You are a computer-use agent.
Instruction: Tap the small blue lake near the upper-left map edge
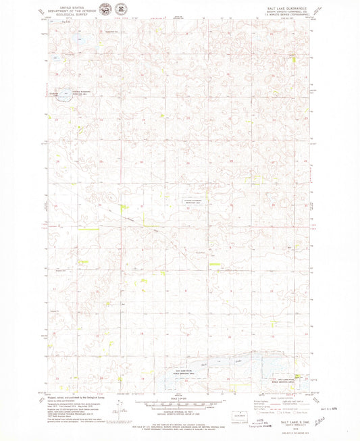point(65,97)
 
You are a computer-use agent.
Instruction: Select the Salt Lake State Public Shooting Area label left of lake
point(185,372)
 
